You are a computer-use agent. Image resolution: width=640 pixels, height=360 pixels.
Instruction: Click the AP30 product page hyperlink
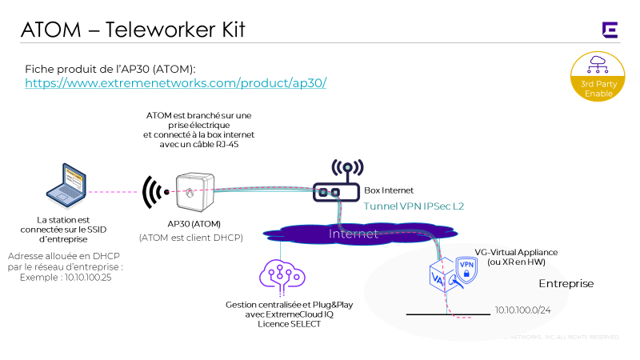(x=176, y=83)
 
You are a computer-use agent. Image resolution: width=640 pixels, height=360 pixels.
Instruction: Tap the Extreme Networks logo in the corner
(x=610, y=30)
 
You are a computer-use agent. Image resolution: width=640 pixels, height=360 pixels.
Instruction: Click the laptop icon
(x=66, y=186)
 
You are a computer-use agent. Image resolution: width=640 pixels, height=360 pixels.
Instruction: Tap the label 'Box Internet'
(x=390, y=191)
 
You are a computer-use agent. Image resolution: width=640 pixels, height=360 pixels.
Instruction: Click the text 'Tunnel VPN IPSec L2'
(x=414, y=206)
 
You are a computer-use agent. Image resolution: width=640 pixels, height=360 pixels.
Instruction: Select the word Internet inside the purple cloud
(x=354, y=234)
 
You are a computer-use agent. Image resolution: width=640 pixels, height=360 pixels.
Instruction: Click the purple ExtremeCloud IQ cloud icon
(x=280, y=274)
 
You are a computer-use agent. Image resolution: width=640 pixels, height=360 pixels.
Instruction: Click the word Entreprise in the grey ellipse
(x=566, y=284)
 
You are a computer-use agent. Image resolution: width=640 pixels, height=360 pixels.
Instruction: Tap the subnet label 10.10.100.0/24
(x=525, y=309)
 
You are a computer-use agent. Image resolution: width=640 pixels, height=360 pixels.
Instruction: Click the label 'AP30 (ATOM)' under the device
(x=190, y=223)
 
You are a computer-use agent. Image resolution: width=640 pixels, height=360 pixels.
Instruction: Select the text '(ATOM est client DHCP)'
(x=190, y=238)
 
